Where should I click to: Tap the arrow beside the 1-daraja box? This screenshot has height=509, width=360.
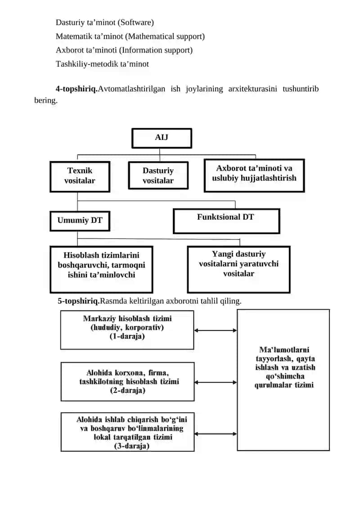[216, 330]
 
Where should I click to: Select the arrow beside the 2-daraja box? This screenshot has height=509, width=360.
[216, 383]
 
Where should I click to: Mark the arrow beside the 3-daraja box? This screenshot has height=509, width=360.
[216, 434]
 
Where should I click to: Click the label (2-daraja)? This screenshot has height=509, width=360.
[127, 390]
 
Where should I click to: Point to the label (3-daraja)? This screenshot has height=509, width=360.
[132, 446]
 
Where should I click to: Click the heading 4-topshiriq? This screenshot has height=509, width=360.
[76, 89]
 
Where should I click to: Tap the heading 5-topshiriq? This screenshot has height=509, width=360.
[79, 301]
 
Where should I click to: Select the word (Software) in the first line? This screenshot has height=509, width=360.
[136, 23]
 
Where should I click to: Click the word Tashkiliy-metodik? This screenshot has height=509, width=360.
[87, 64]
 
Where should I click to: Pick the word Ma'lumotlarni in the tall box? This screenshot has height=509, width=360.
[284, 350]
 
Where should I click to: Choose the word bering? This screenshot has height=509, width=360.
[46, 101]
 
